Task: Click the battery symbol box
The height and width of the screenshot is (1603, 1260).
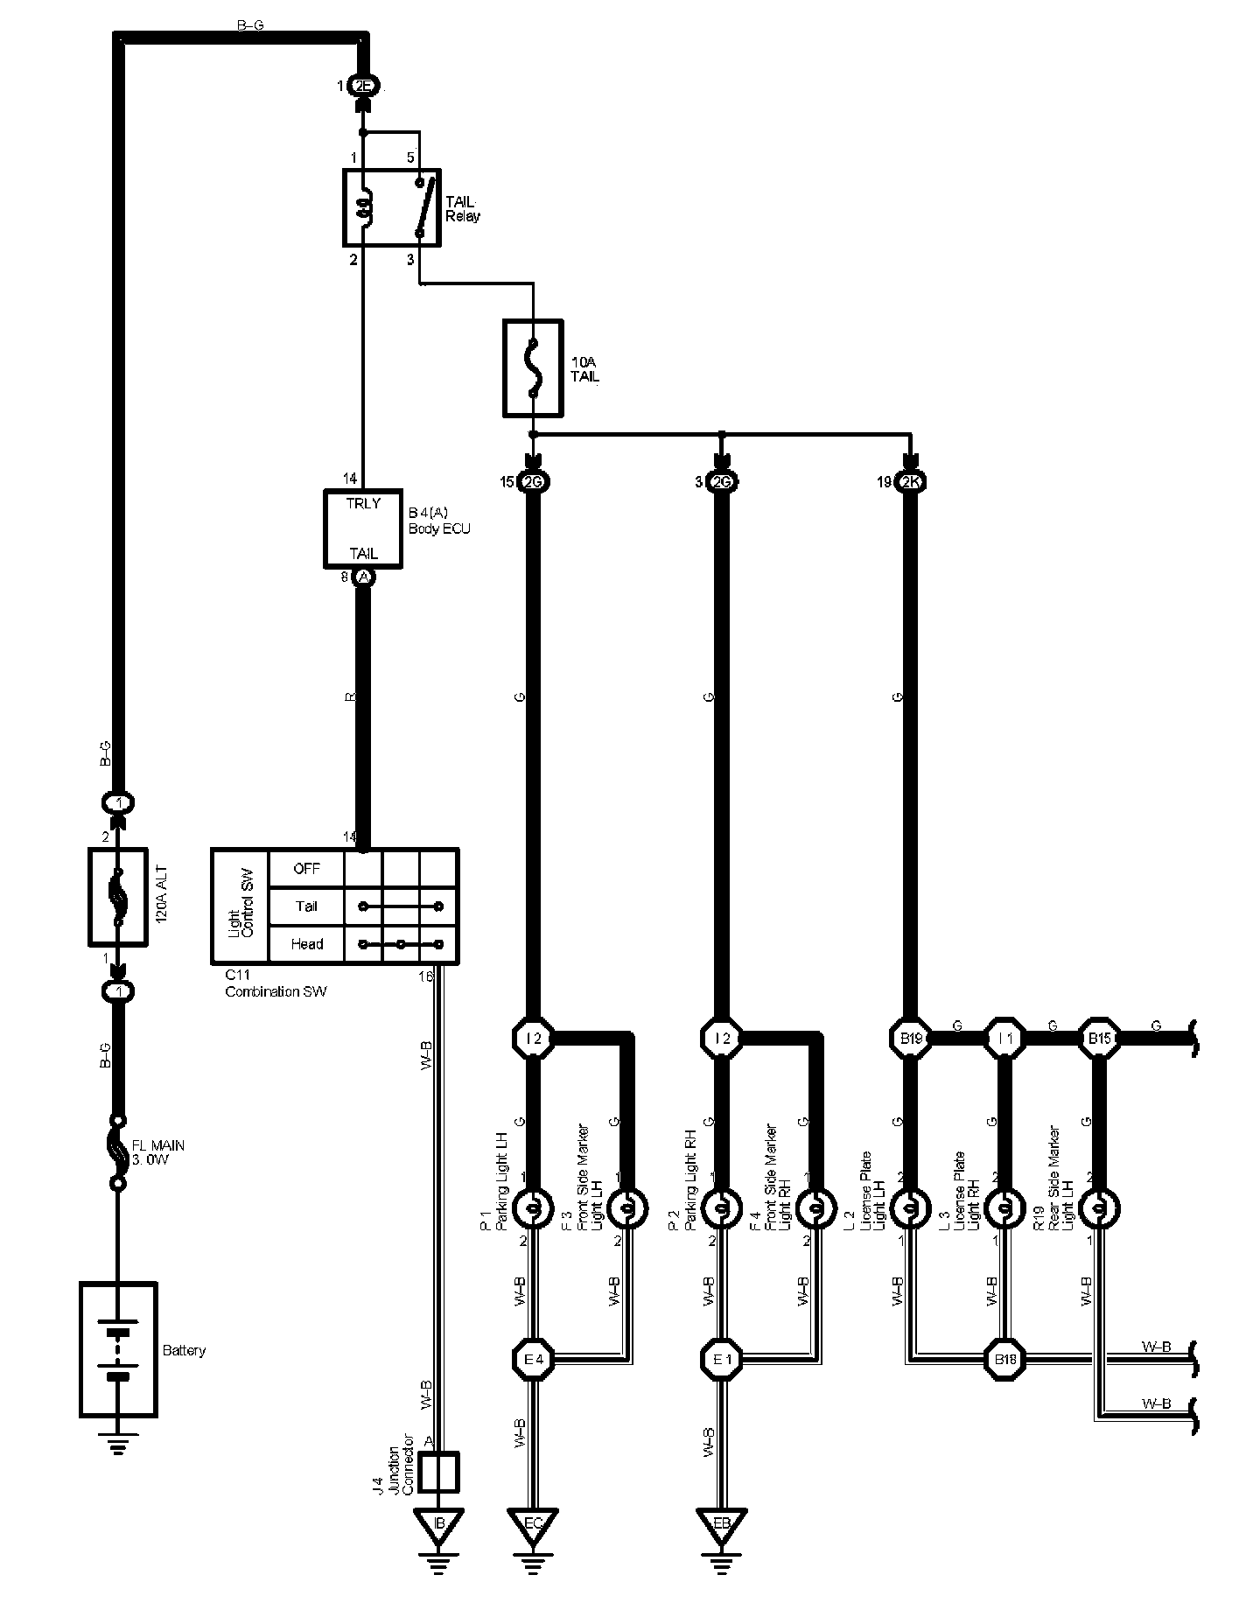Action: pos(118,1349)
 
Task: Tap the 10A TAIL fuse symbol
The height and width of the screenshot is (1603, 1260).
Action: pos(533,367)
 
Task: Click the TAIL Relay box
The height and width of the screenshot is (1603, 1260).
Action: pos(390,206)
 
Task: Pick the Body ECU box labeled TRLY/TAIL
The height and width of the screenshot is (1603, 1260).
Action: pos(363,528)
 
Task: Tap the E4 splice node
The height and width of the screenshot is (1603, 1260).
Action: pos(533,1360)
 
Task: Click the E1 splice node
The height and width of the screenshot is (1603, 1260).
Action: pos(721,1360)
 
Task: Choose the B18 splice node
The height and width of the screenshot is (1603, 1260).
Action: pos(1004,1360)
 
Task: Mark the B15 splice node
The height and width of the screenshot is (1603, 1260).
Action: pos(1098,1039)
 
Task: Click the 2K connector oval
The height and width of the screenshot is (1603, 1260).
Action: pos(910,482)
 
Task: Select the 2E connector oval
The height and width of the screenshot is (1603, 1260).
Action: pos(363,86)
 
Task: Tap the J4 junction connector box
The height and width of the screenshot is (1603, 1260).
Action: pos(440,1473)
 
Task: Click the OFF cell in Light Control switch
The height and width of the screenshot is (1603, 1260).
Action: pos(306,869)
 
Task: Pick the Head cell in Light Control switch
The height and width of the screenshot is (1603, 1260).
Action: pos(306,944)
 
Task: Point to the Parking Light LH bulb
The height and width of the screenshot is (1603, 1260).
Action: pos(533,1209)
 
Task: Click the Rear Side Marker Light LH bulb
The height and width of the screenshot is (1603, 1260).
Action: pos(1098,1209)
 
